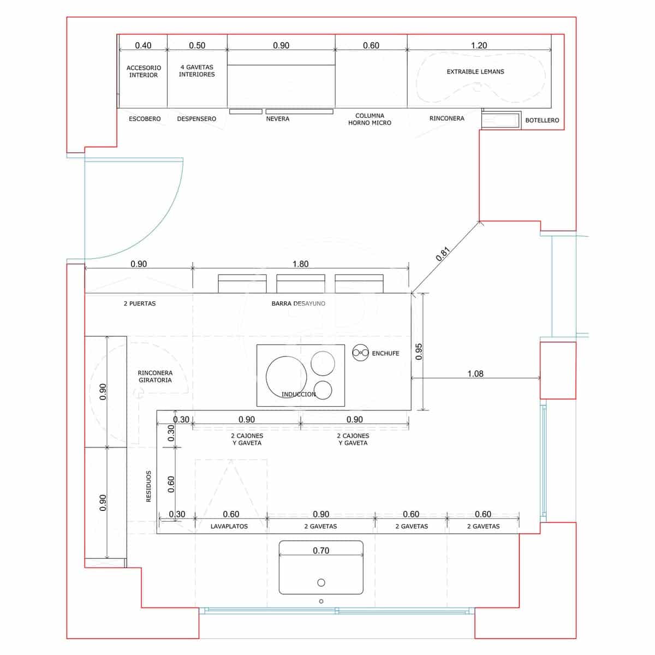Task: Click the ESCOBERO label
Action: (x=145, y=118)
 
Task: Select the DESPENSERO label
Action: (x=196, y=118)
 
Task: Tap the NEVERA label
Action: (x=277, y=118)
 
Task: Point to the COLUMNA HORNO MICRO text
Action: (x=370, y=119)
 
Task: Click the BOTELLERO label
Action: (x=541, y=120)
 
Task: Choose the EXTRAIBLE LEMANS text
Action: (x=475, y=72)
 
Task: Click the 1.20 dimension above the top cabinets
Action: (x=479, y=45)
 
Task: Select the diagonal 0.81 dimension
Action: (x=443, y=254)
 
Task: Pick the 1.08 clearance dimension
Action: (x=475, y=374)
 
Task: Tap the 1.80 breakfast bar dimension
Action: (x=300, y=264)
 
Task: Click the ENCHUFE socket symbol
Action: (x=360, y=353)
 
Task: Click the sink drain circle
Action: (x=321, y=582)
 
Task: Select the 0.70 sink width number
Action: (x=321, y=551)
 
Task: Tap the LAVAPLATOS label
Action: (x=229, y=526)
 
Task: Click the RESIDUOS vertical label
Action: (x=148, y=486)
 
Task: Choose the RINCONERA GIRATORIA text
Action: (x=155, y=377)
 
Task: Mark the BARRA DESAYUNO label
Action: (x=298, y=303)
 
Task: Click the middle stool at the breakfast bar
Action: (x=300, y=284)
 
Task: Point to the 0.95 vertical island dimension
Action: (x=419, y=352)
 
